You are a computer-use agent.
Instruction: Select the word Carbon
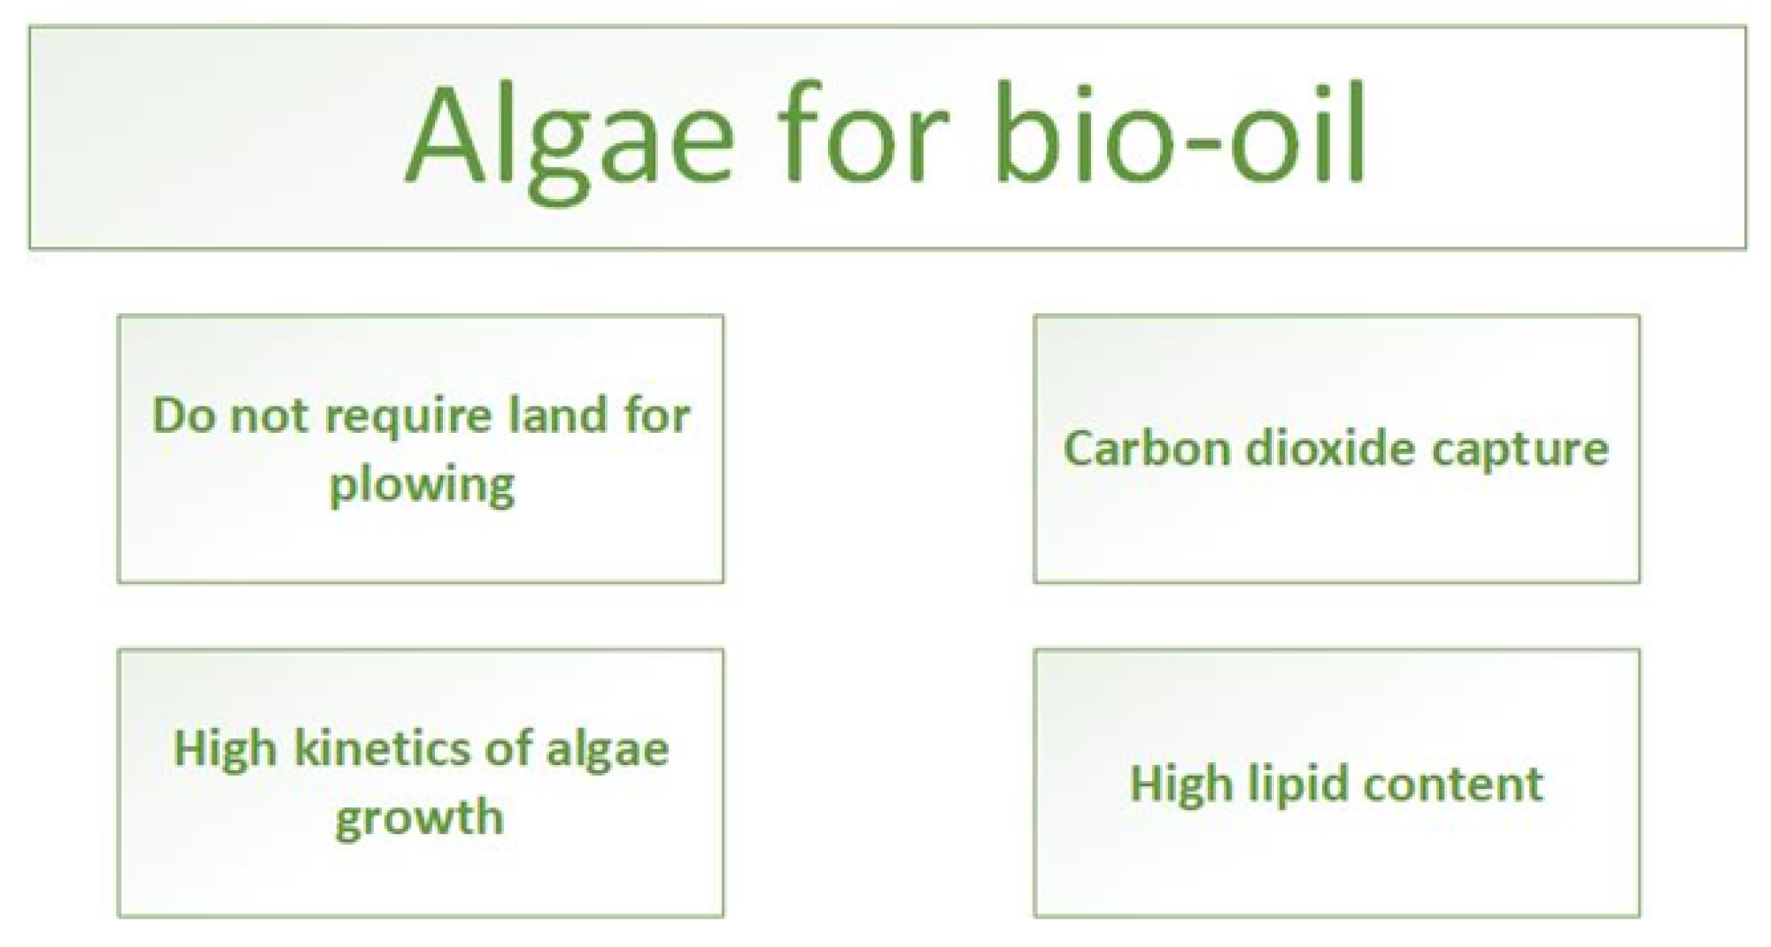1147,448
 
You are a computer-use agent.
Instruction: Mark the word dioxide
1331,448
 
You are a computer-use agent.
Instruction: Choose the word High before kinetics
224,749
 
